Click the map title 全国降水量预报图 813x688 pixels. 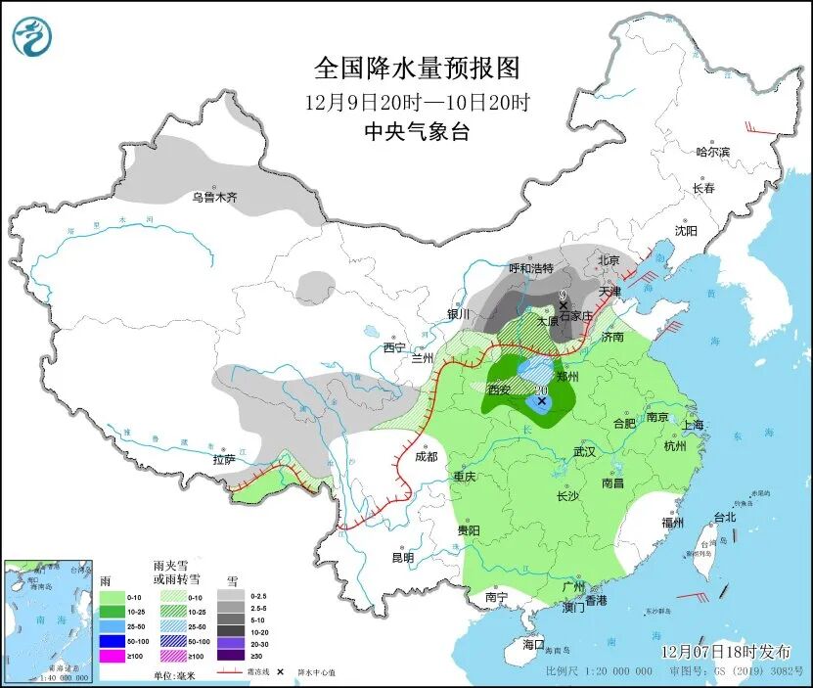pyautogui.click(x=416, y=68)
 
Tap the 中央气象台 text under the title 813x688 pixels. pyautogui.click(x=416, y=132)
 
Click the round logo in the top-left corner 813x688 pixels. pyautogui.click(x=32, y=36)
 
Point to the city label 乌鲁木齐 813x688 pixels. pyautogui.click(x=214, y=197)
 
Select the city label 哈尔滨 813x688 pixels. pyautogui.click(x=713, y=152)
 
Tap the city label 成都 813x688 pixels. pyautogui.click(x=426, y=455)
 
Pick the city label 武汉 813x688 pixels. pyautogui.click(x=584, y=452)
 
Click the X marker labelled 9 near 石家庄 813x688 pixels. pyautogui.click(x=564, y=305)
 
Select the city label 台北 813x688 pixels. pyautogui.click(x=723, y=517)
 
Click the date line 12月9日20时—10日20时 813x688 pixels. pyautogui.click(x=416, y=101)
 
